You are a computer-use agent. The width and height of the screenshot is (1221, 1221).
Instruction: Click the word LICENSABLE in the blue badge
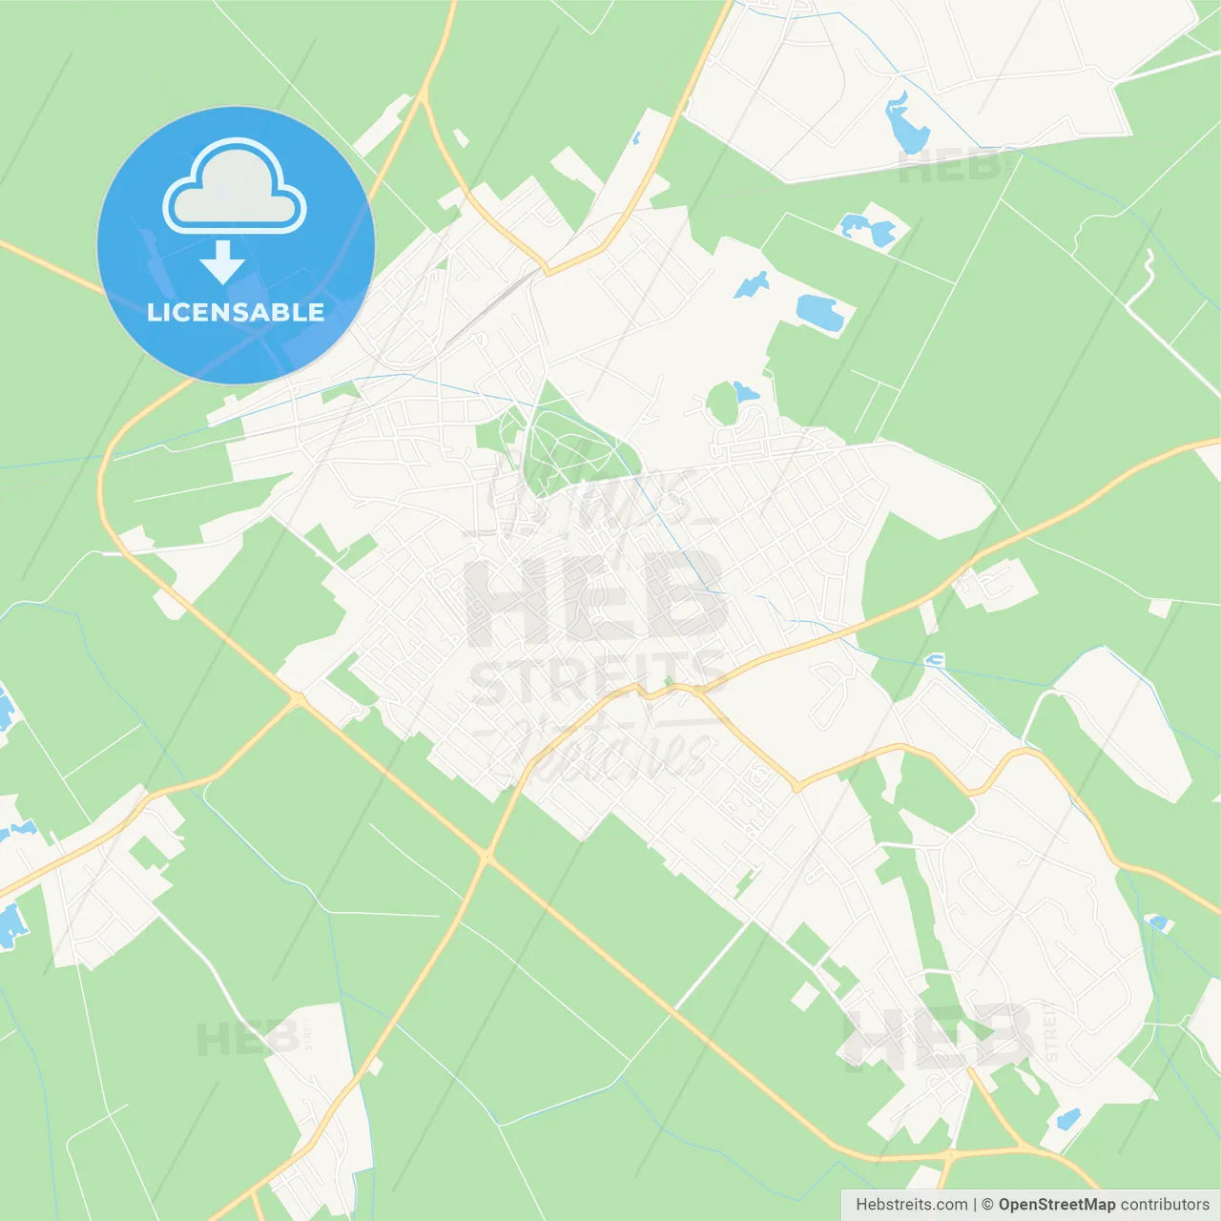click(x=236, y=313)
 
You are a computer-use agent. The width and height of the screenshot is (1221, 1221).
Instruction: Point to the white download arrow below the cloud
click(x=222, y=262)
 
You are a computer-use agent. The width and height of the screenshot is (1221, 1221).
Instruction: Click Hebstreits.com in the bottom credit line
click(x=911, y=1205)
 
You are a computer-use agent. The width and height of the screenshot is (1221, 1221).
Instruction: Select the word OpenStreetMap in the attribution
click(x=1056, y=1205)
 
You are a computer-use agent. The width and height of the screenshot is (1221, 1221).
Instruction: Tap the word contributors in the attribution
click(x=1165, y=1205)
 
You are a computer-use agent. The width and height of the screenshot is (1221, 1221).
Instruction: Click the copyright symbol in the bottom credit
click(x=987, y=1205)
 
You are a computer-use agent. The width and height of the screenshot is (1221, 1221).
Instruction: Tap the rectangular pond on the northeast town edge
click(x=818, y=311)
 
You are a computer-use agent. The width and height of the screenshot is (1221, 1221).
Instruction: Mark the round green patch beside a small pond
click(x=722, y=404)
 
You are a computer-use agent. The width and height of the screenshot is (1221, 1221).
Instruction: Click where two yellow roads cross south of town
click(x=487, y=858)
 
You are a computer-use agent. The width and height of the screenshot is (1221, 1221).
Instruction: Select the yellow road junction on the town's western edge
click(x=297, y=699)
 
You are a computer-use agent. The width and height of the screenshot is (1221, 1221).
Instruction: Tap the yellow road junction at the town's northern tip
click(x=546, y=269)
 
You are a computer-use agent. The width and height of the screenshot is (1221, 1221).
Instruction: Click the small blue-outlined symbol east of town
click(x=935, y=659)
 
